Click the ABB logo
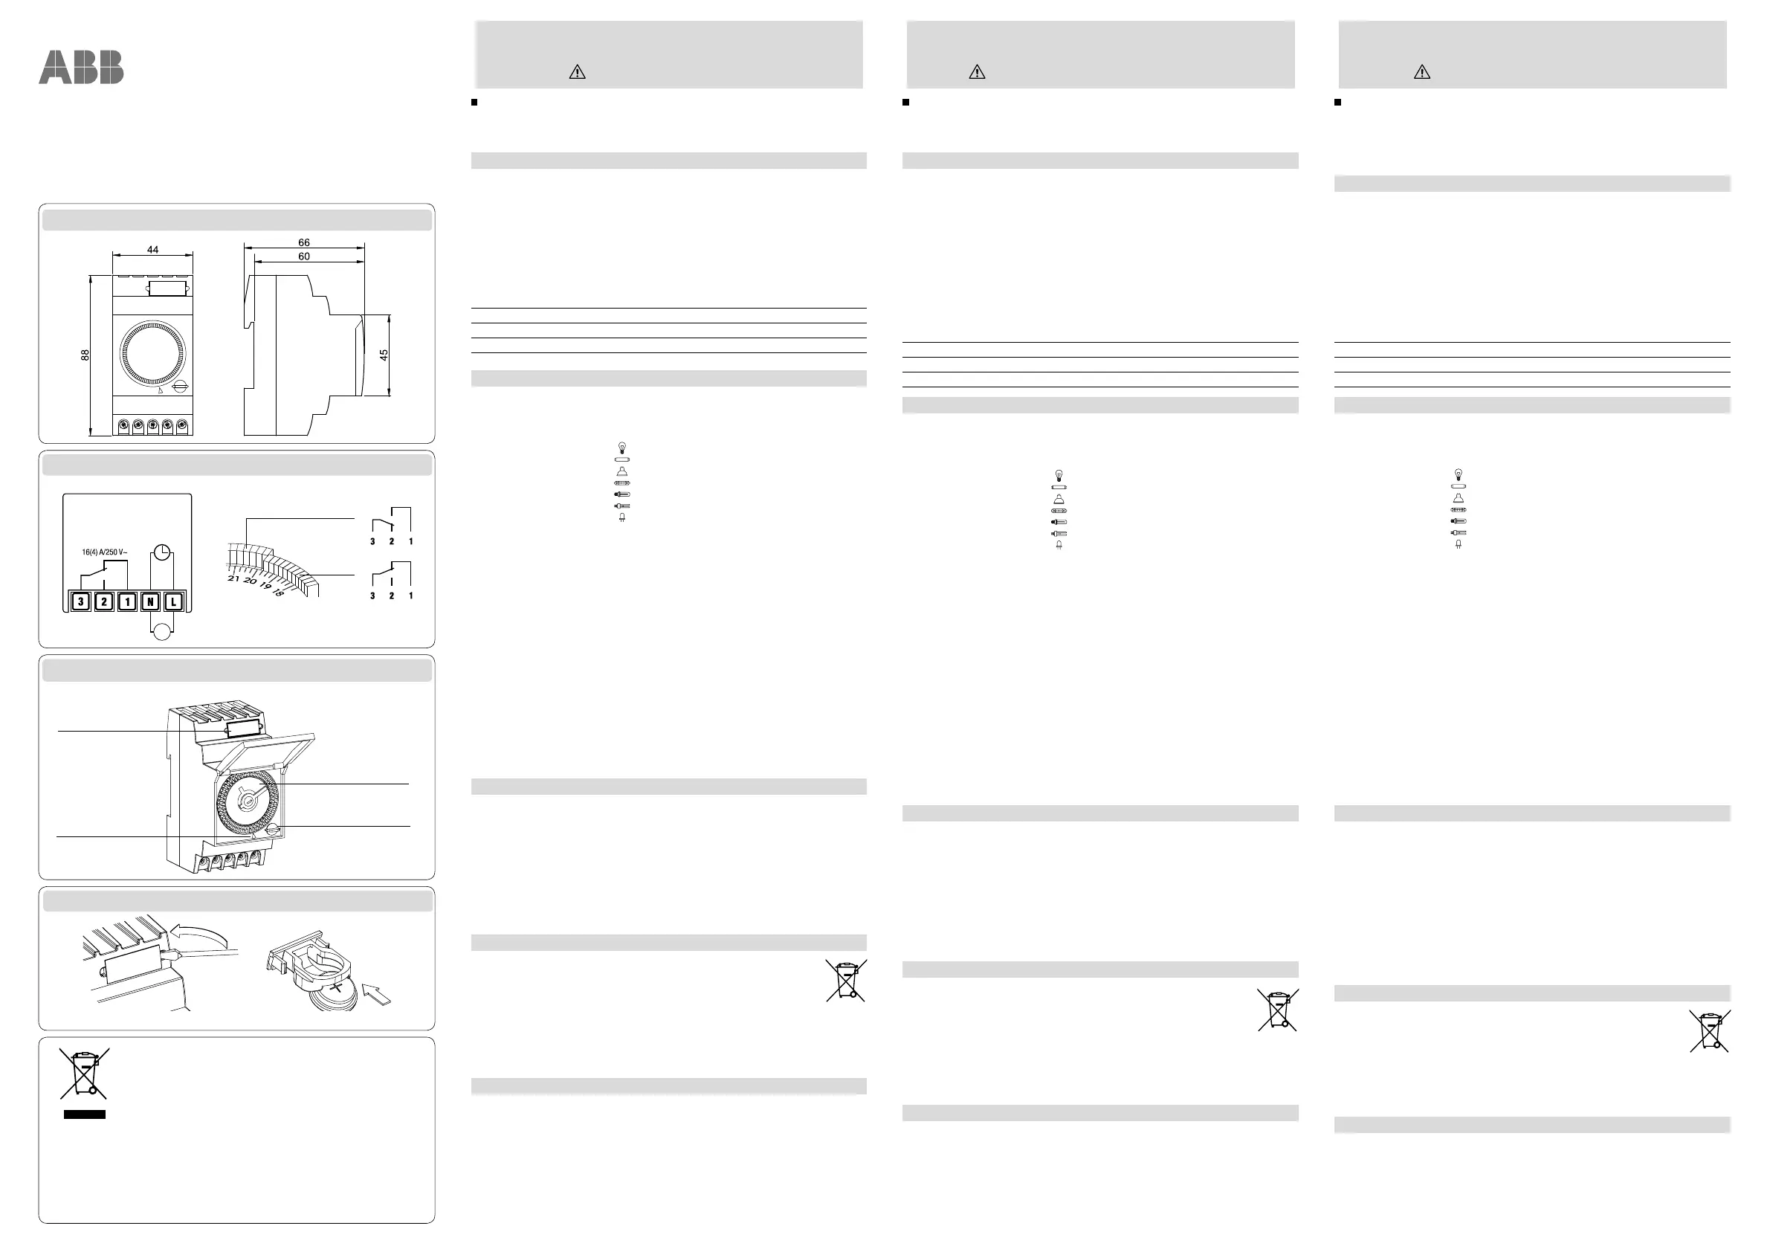pos(81,67)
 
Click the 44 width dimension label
pos(152,250)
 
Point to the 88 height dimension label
pos(85,355)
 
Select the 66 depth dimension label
pos(304,242)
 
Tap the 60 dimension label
pos(304,256)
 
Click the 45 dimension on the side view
pos(384,355)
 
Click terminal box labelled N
pos(150,602)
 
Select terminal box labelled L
pos(174,602)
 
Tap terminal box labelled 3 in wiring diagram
pos(80,602)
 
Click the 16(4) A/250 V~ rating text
pos(105,552)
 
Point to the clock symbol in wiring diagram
pos(162,552)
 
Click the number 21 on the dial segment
pos(233,578)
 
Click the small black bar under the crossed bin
pos(84,1114)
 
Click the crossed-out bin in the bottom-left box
pos(84,1073)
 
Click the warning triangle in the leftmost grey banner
pos(577,72)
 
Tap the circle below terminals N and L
pos(162,632)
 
